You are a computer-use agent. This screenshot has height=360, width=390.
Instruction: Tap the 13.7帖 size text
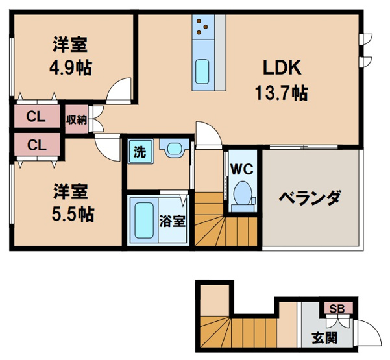point(282,92)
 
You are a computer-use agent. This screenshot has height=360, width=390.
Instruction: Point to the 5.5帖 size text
point(71,213)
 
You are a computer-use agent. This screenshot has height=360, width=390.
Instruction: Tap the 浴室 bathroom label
point(172,220)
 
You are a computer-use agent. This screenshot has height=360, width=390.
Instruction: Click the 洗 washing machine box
point(139,152)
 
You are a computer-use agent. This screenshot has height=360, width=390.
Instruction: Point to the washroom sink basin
point(174,150)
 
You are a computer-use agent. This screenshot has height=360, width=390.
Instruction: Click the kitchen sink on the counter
point(203,69)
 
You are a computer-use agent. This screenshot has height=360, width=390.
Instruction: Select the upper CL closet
point(36,117)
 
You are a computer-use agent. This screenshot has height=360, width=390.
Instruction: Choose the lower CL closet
point(36,145)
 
